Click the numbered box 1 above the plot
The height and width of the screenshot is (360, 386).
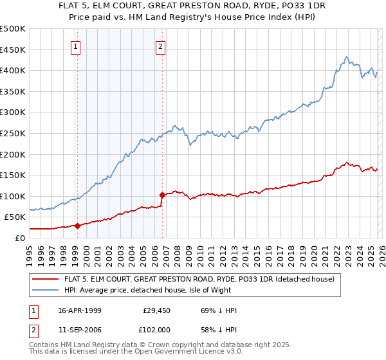pyautogui.click(x=77, y=46)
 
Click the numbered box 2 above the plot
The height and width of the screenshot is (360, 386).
pyautogui.click(x=160, y=46)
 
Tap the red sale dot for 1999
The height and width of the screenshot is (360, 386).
pyautogui.click(x=77, y=226)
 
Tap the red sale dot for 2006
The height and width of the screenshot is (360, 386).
pyautogui.click(x=161, y=195)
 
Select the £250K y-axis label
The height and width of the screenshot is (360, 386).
pyautogui.click(x=13, y=133)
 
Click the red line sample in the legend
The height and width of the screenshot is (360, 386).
pyautogui.click(x=46, y=280)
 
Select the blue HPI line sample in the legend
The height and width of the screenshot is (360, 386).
pyautogui.click(x=46, y=291)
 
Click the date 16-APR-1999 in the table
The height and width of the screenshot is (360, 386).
pyautogui.click(x=80, y=310)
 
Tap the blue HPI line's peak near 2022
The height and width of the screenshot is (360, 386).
pyautogui.click(x=347, y=57)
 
